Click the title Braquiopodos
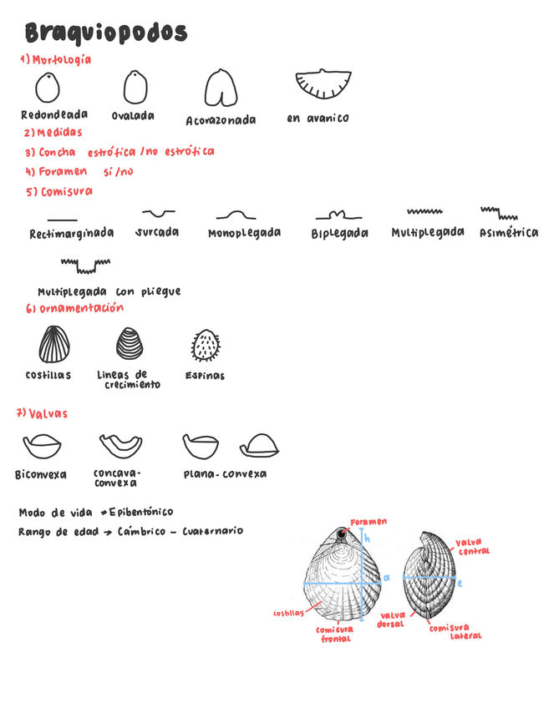106,33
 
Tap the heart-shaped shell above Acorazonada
221,88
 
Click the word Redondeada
54,115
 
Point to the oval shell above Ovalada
135,87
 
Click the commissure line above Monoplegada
236,216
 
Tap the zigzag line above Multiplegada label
424,213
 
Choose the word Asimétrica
509,233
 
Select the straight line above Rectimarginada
63,219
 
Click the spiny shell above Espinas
206,345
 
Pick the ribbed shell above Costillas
54,344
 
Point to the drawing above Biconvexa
42,447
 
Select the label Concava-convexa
116,478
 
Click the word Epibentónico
141,512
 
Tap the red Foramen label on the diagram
369,522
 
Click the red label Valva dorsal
390,619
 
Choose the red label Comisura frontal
334,635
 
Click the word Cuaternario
212,531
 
